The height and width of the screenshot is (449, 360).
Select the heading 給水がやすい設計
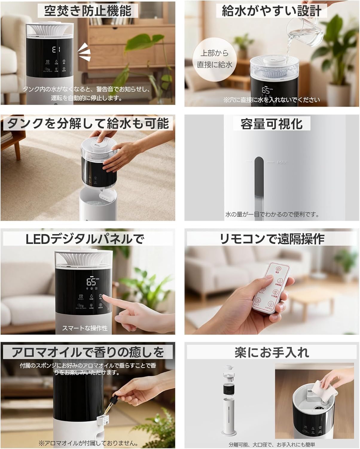click(271, 11)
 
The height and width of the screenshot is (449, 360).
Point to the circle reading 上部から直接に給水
click(214, 59)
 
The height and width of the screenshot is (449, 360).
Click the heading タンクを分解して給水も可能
click(88, 123)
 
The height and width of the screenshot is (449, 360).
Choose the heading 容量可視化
click(271, 124)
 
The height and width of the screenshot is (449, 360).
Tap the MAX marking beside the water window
click(282, 162)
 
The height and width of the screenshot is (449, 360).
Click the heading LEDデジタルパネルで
click(85, 239)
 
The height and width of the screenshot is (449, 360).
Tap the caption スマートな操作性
click(85, 328)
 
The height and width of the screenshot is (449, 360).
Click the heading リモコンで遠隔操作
click(272, 239)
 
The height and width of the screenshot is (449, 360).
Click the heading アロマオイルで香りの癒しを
click(88, 352)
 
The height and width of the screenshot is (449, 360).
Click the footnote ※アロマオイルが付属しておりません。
click(88, 443)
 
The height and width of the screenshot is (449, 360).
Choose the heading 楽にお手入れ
click(271, 352)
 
